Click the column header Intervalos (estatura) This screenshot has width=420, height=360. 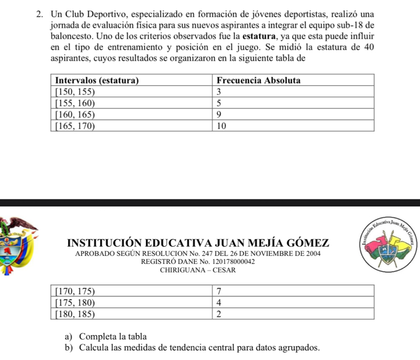coord(97,81)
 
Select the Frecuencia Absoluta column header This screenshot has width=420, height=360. coord(258,81)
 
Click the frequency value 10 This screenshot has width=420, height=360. coord(220,126)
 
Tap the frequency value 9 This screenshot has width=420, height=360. coord(218,115)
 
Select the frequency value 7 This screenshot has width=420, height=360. coord(218,291)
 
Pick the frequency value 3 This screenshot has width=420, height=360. coord(218,92)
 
